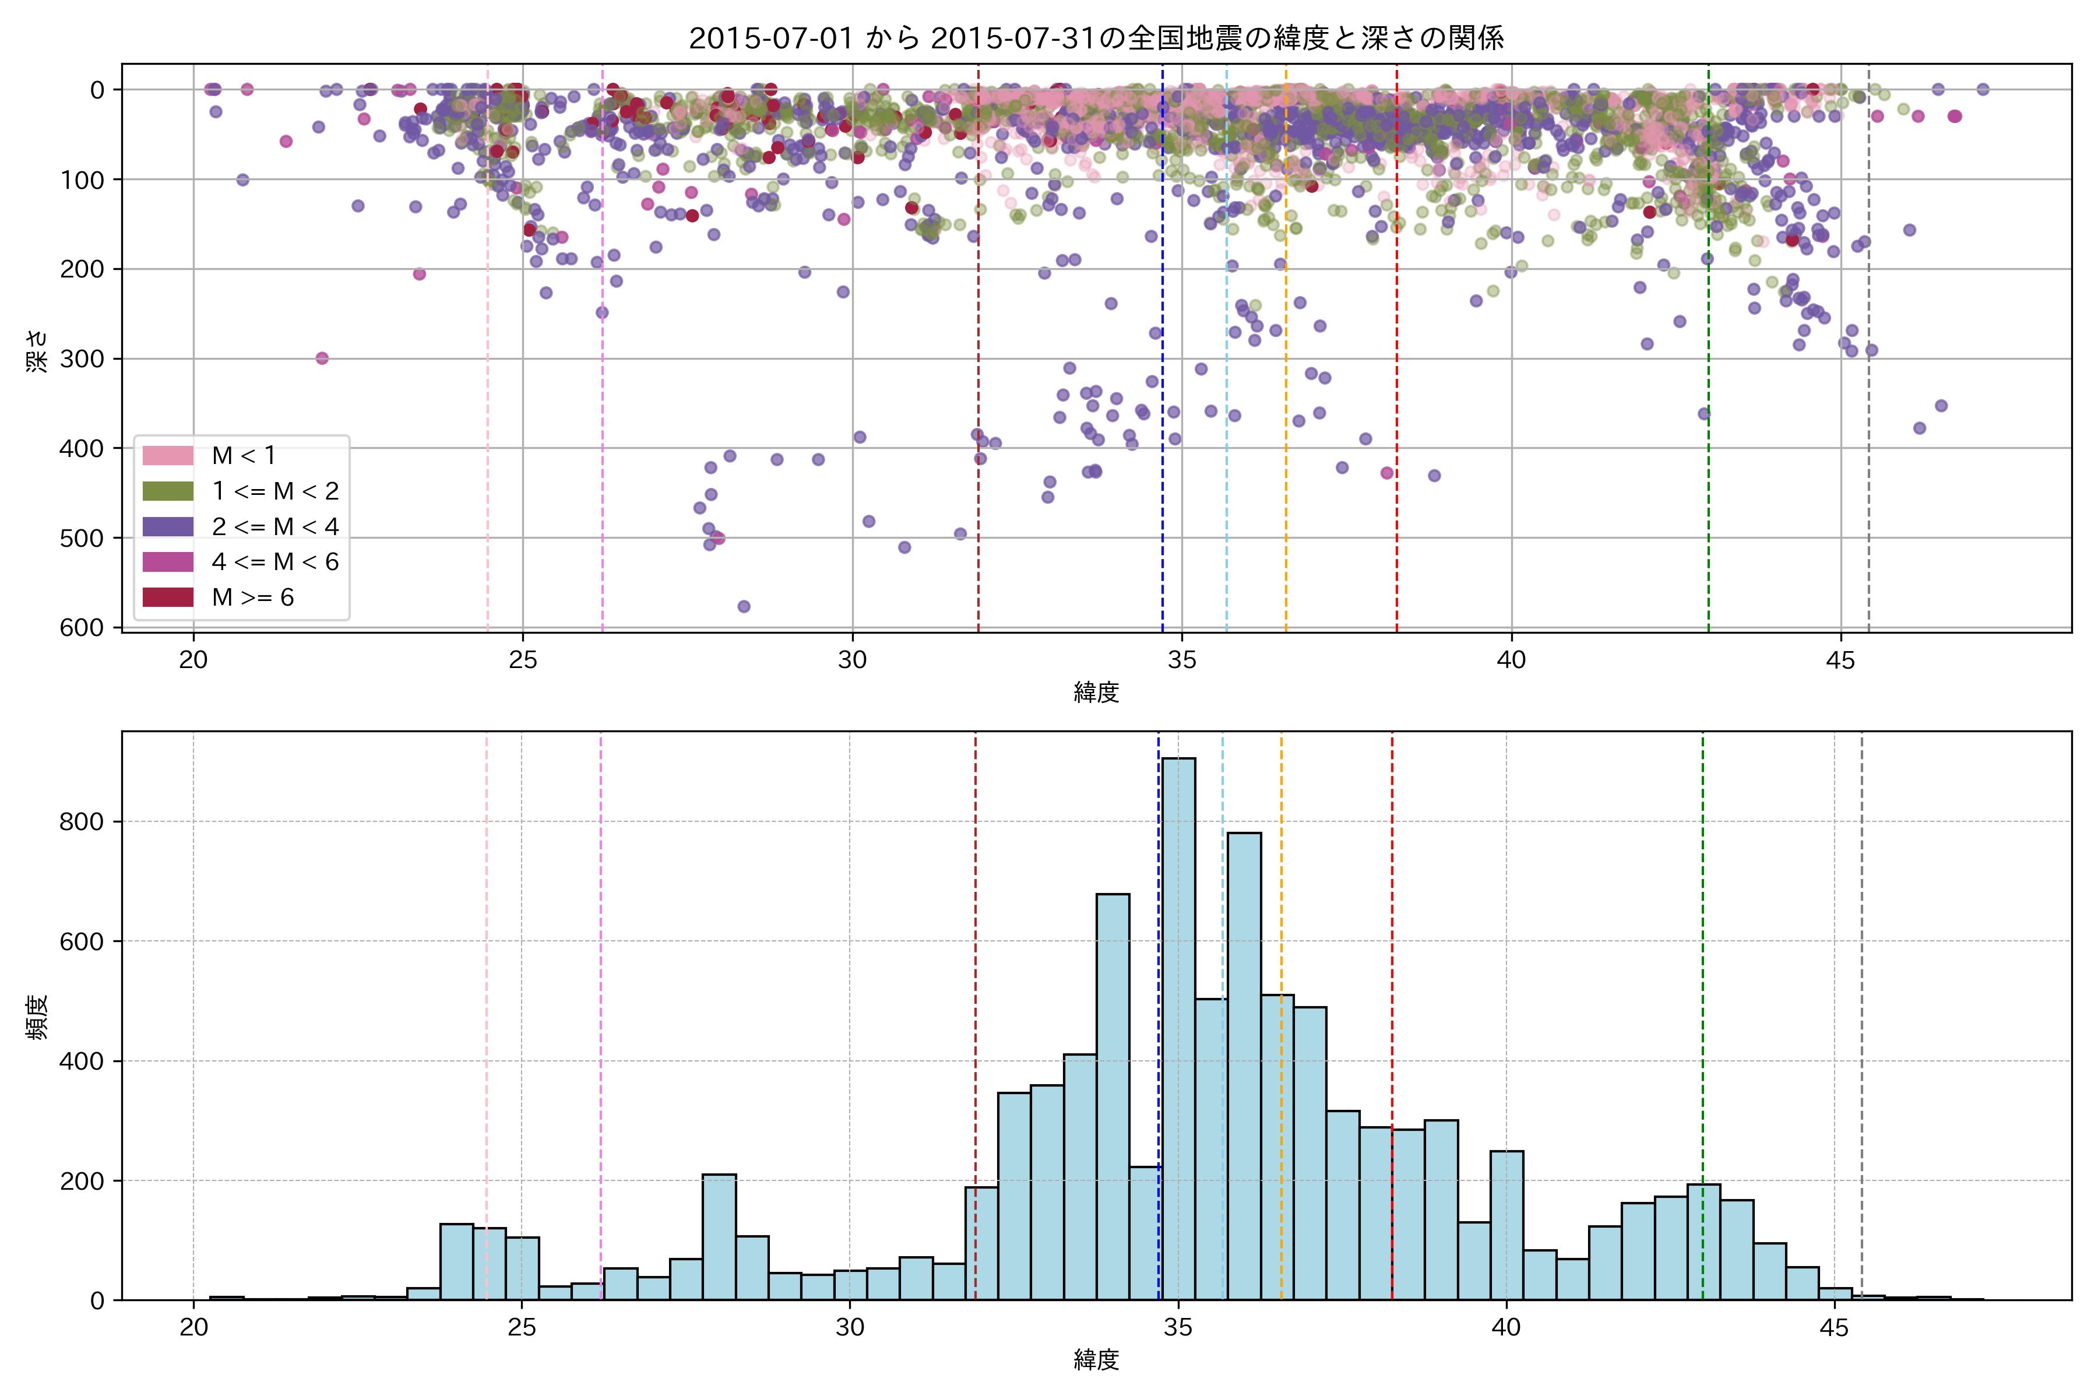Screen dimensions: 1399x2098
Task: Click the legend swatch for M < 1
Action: [168, 456]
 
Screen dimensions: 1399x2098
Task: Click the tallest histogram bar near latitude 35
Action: [1178, 1026]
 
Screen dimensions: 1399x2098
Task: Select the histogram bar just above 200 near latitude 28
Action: [719, 1236]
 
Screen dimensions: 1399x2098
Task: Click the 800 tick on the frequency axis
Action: [82, 822]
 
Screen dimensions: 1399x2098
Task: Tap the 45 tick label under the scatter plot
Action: [1840, 661]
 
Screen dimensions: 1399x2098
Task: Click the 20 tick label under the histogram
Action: [193, 1328]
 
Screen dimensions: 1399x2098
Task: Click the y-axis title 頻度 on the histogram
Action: [37, 1017]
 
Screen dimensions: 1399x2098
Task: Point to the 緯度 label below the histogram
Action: [1096, 1361]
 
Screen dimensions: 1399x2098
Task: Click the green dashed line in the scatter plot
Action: [1708, 402]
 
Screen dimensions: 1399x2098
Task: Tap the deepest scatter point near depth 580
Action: [744, 607]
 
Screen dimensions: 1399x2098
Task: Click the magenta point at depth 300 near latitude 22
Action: [322, 358]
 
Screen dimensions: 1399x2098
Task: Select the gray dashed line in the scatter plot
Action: [1869, 446]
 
